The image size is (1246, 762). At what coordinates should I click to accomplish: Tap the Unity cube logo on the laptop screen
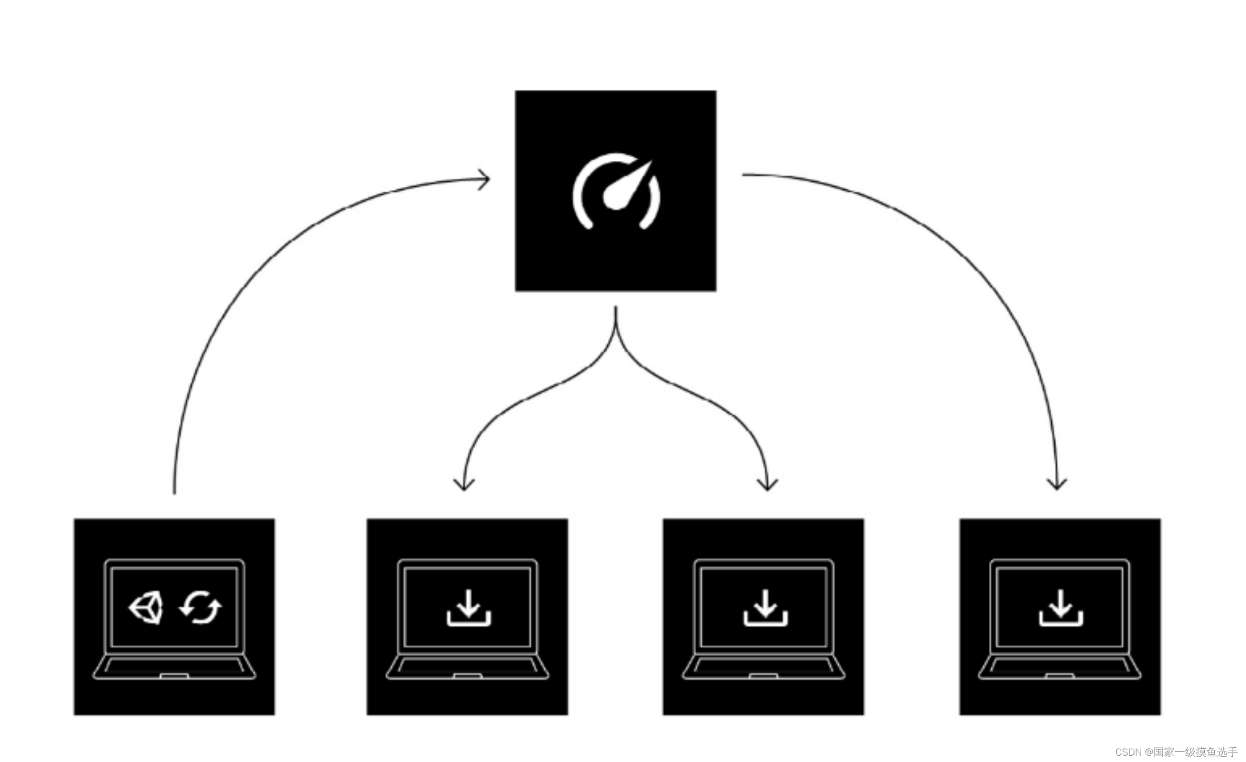coord(146,608)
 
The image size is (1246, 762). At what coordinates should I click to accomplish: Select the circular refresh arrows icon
coord(201,607)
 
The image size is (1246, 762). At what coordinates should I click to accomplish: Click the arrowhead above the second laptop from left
coord(463,486)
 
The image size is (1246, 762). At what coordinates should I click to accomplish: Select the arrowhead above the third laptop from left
coord(767,486)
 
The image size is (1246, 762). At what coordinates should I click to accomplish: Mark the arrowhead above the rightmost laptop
coord(1057,485)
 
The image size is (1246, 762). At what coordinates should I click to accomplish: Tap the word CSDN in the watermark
coord(1127,752)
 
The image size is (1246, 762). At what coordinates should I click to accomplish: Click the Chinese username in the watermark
coord(1195,752)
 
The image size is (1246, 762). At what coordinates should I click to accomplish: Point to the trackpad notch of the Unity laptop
coord(174,676)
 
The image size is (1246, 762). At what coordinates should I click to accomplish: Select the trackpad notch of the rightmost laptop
coord(1060,676)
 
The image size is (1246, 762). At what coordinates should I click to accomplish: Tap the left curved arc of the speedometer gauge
coord(581,198)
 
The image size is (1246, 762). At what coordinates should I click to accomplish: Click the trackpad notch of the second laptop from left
coord(468,676)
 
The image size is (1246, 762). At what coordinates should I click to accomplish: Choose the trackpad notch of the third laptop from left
coord(763,676)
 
